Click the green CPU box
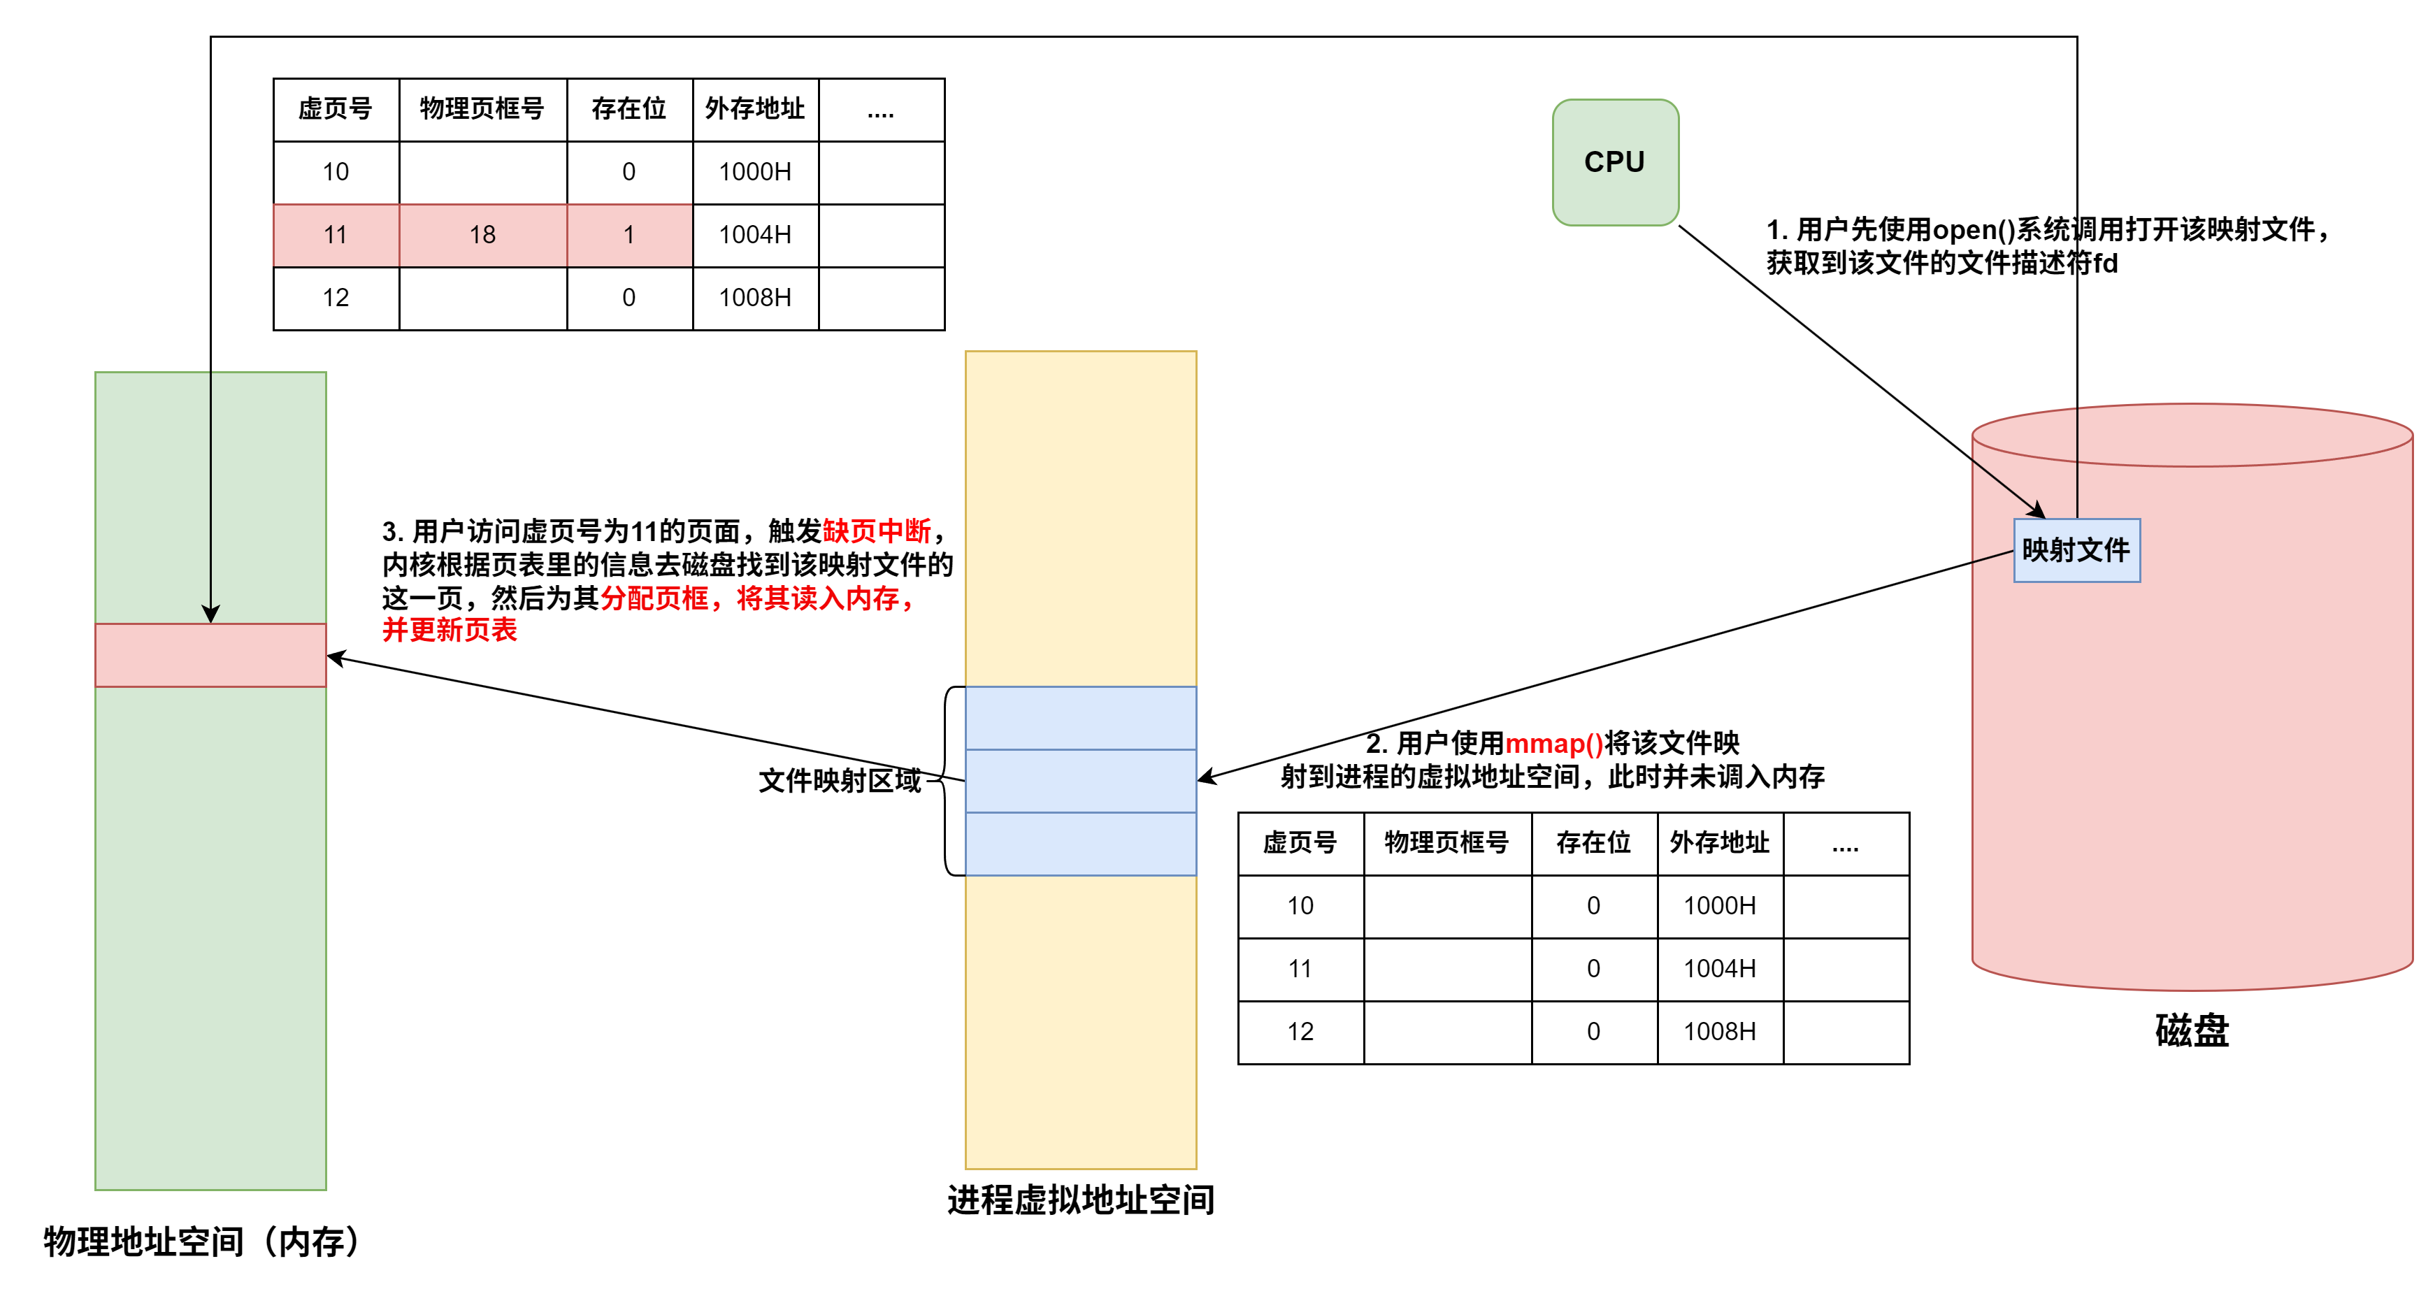[x=1614, y=161]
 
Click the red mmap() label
[x=1554, y=744]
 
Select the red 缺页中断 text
[x=876, y=531]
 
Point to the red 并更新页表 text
[x=449, y=630]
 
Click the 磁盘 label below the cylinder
[x=2192, y=1030]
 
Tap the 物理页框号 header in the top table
[x=482, y=110]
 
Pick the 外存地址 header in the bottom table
[x=1718, y=843]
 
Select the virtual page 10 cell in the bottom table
[x=1300, y=907]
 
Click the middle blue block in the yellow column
[x=1080, y=781]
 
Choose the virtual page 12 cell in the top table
[x=336, y=298]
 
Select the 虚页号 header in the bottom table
[x=1300, y=843]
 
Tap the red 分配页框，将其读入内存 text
[x=756, y=598]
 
